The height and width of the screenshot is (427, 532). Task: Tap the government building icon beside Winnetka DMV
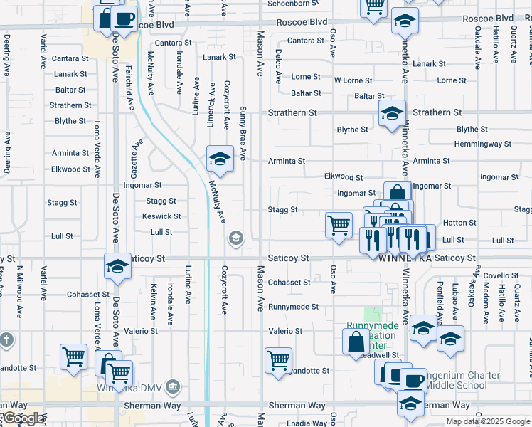tap(172, 387)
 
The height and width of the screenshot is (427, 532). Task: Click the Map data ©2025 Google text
tap(487, 422)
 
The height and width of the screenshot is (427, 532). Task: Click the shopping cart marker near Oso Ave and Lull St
tap(339, 225)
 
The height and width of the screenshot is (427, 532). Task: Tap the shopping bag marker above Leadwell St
tap(356, 342)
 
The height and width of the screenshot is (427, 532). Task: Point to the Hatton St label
tap(459, 223)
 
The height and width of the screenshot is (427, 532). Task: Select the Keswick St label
tap(161, 216)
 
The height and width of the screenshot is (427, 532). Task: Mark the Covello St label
tap(501, 275)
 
